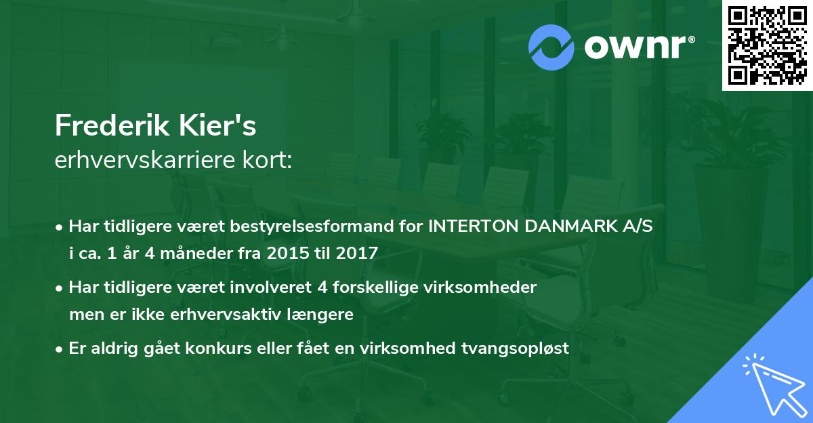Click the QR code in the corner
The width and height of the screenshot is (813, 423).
click(x=768, y=45)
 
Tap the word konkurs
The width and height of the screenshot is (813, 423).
click(x=251, y=348)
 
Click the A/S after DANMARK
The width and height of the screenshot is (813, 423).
click(x=639, y=226)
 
